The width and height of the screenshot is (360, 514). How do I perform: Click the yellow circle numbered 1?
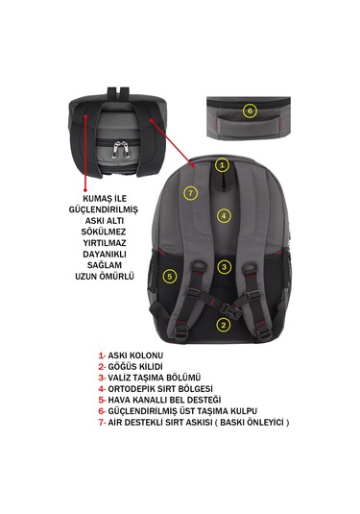pos(222,165)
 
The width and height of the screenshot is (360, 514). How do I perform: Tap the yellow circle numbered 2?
pos(224,325)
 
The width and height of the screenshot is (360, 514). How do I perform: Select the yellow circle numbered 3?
pos(224,267)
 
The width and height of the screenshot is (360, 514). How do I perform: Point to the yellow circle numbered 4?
pos(224,216)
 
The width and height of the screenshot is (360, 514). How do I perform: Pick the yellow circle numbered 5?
pos(169,277)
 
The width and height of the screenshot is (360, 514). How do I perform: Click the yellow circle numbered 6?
pos(250,110)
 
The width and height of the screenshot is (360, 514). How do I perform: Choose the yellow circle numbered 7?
pos(191,193)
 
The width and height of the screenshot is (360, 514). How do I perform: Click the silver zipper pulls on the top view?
pos(120,149)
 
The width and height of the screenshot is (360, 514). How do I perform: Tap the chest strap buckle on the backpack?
pos(230,309)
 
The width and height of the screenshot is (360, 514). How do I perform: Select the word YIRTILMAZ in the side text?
pos(105,242)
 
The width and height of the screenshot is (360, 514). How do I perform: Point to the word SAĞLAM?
pos(105,265)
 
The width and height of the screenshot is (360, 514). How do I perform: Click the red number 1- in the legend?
pos(102,355)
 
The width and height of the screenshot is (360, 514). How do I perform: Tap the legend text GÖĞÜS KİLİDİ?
pos(135,366)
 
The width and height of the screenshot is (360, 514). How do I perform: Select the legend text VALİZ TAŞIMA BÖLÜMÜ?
pos(155,378)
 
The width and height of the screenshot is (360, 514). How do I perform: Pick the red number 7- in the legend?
pos(102,422)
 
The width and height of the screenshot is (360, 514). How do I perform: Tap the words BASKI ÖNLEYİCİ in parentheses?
pos(252,422)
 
